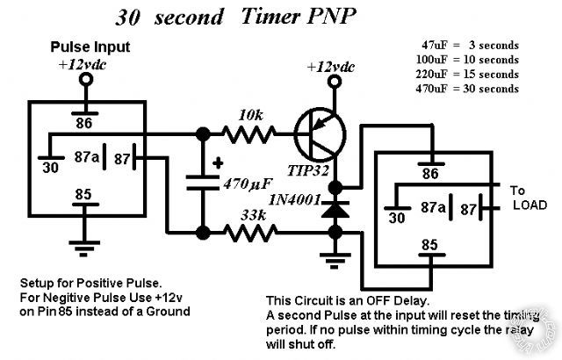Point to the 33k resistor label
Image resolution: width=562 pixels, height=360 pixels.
(x=254, y=213)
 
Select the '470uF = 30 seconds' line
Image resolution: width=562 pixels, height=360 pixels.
(x=470, y=88)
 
